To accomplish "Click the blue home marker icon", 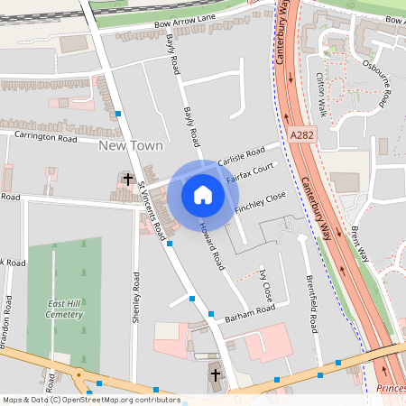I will (x=203, y=194).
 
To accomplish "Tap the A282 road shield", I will (x=303, y=134).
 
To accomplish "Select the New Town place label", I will (x=131, y=145).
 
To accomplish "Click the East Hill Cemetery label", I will (x=65, y=309).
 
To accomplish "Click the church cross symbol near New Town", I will (x=128, y=180).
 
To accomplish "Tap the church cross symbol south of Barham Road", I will (x=215, y=374).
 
